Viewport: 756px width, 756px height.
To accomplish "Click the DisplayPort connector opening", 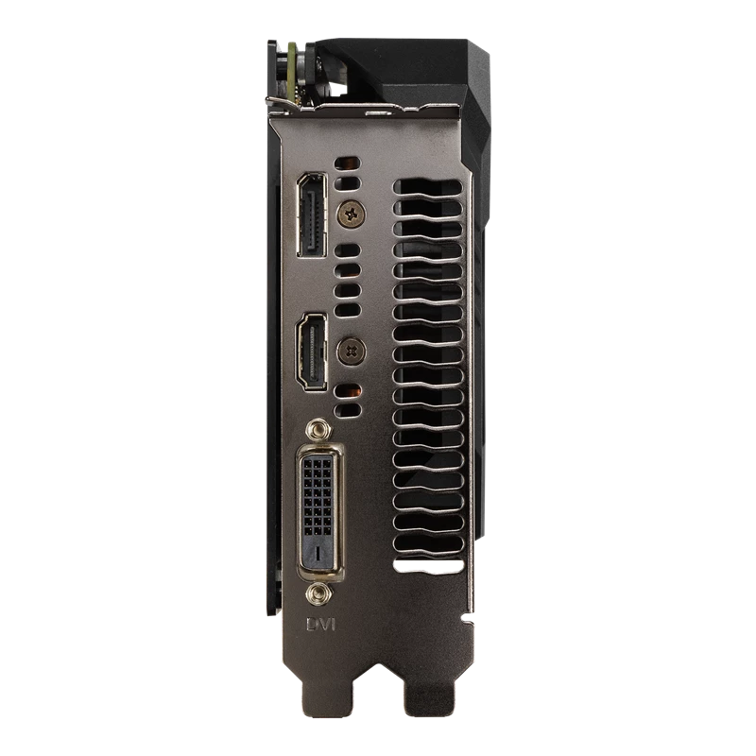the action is click(x=312, y=215).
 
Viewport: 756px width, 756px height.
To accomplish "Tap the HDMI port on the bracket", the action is click(x=312, y=351).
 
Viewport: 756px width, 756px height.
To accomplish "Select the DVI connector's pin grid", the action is click(x=318, y=497).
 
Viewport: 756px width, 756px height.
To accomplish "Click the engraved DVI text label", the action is click(x=320, y=625).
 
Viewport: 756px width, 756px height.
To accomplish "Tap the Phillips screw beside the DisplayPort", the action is click(x=351, y=214).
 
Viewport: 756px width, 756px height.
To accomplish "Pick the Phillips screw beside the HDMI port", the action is click(x=351, y=351).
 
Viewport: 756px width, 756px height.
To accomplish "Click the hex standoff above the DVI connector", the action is click(x=318, y=429).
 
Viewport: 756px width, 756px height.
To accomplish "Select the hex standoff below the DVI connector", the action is click(x=318, y=593).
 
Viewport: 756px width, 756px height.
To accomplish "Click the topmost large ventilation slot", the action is click(x=428, y=188).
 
